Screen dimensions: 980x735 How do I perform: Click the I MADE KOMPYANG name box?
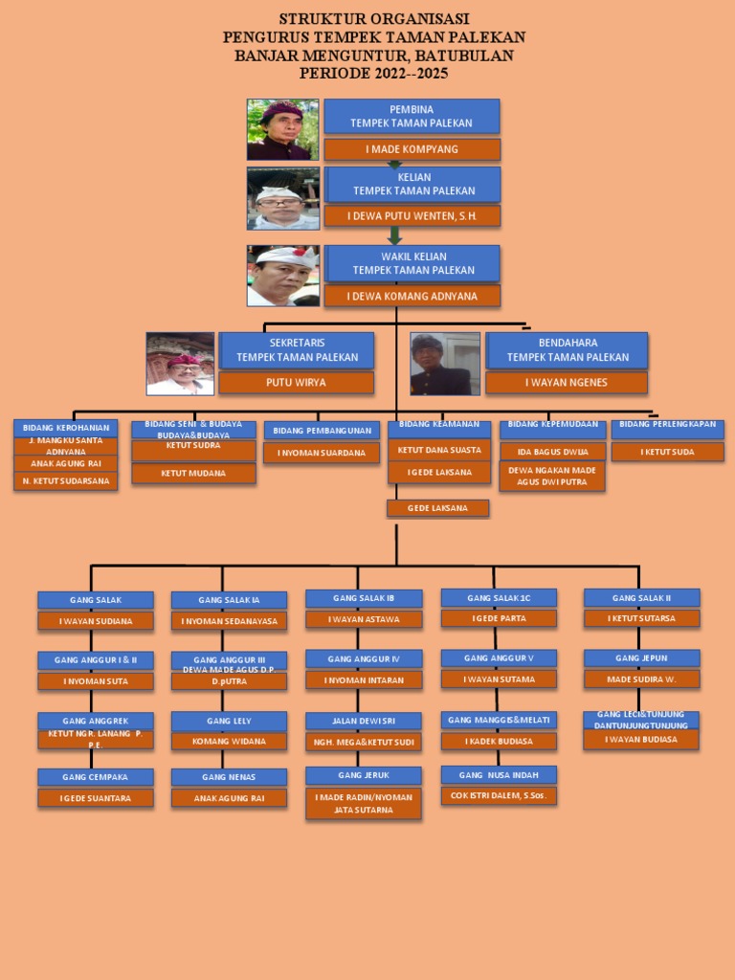(412, 149)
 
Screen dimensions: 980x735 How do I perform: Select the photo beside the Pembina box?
(282, 129)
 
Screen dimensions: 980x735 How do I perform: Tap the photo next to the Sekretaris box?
(180, 364)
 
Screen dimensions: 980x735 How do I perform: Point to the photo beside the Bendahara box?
(445, 364)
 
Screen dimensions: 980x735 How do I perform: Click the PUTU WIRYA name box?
(296, 383)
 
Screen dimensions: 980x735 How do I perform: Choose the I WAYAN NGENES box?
(566, 383)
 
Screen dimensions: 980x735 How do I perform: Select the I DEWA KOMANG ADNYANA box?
(412, 296)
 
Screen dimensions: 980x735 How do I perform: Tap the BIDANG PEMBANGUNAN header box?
(322, 431)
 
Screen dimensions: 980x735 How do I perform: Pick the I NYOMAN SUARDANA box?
(322, 453)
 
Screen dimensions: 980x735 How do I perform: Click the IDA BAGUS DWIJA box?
(552, 452)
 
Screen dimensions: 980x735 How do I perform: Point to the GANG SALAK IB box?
(363, 598)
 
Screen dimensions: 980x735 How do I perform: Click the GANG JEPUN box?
(641, 658)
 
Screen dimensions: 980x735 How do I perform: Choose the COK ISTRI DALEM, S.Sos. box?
(499, 795)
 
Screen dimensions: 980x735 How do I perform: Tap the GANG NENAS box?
(229, 777)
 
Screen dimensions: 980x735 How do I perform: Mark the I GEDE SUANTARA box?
(96, 797)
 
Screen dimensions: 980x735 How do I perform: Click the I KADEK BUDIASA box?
(499, 741)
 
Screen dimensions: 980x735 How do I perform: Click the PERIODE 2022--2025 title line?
(373, 73)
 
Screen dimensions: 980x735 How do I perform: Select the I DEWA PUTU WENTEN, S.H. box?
(412, 216)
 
